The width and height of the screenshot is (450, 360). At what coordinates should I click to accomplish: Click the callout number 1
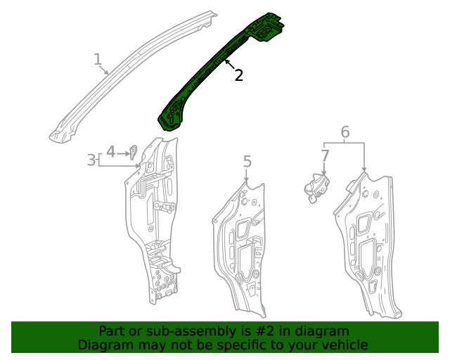(98, 59)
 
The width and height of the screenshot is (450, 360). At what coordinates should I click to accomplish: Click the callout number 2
(239, 75)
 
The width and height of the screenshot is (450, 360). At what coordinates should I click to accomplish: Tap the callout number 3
(91, 160)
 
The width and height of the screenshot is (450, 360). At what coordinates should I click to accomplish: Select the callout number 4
(110, 150)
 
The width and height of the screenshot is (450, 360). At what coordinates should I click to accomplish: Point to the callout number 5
(247, 162)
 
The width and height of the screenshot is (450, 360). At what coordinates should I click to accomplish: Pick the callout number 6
(345, 131)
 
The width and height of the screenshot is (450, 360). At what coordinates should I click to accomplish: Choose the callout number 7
(325, 155)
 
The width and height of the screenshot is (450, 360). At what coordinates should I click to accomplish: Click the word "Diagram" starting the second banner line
(103, 345)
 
